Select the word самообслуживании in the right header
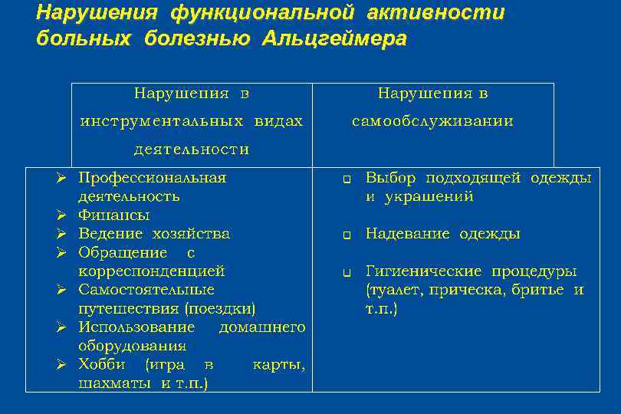tap(432, 122)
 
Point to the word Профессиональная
tap(152, 178)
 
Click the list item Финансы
tap(113, 215)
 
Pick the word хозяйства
tap(191, 234)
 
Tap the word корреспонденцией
tap(151, 271)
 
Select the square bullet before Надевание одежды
tap(347, 235)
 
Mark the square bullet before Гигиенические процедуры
tap(347, 272)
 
